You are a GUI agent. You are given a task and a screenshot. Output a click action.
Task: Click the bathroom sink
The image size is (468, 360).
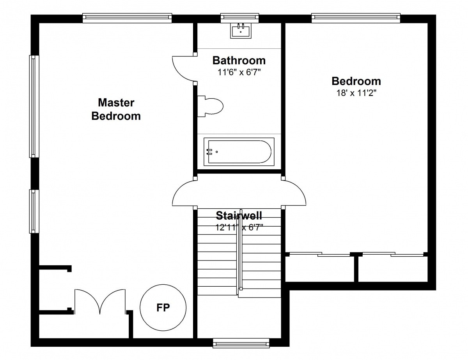click(241, 31)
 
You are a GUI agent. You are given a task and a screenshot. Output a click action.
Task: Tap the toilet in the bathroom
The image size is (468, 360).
click(210, 106)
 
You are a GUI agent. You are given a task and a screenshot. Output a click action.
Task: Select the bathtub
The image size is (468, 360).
click(239, 152)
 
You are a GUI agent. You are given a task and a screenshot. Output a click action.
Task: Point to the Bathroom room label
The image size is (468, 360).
click(239, 60)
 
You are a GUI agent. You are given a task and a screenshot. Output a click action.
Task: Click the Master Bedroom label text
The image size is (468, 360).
click(116, 109)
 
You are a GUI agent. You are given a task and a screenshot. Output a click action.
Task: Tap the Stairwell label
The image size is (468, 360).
click(239, 216)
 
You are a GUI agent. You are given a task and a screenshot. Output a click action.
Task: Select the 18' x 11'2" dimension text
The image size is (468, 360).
click(356, 93)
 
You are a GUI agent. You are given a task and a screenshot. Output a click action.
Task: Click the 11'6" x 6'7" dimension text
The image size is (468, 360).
click(239, 72)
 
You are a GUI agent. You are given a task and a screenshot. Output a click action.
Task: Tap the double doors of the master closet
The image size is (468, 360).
click(100, 301)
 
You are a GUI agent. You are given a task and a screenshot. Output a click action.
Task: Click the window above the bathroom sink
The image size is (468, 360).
click(239, 18)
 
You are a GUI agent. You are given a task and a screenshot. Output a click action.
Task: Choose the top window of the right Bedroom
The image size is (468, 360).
click(356, 18)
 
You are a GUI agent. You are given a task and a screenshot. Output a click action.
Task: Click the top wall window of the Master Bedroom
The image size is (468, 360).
click(127, 18)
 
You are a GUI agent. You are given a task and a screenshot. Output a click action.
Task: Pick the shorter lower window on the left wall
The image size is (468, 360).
click(34, 211)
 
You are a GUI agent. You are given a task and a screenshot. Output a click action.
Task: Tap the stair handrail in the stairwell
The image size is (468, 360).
click(239, 250)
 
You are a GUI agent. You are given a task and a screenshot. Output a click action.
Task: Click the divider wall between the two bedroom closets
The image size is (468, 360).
click(356, 268)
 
